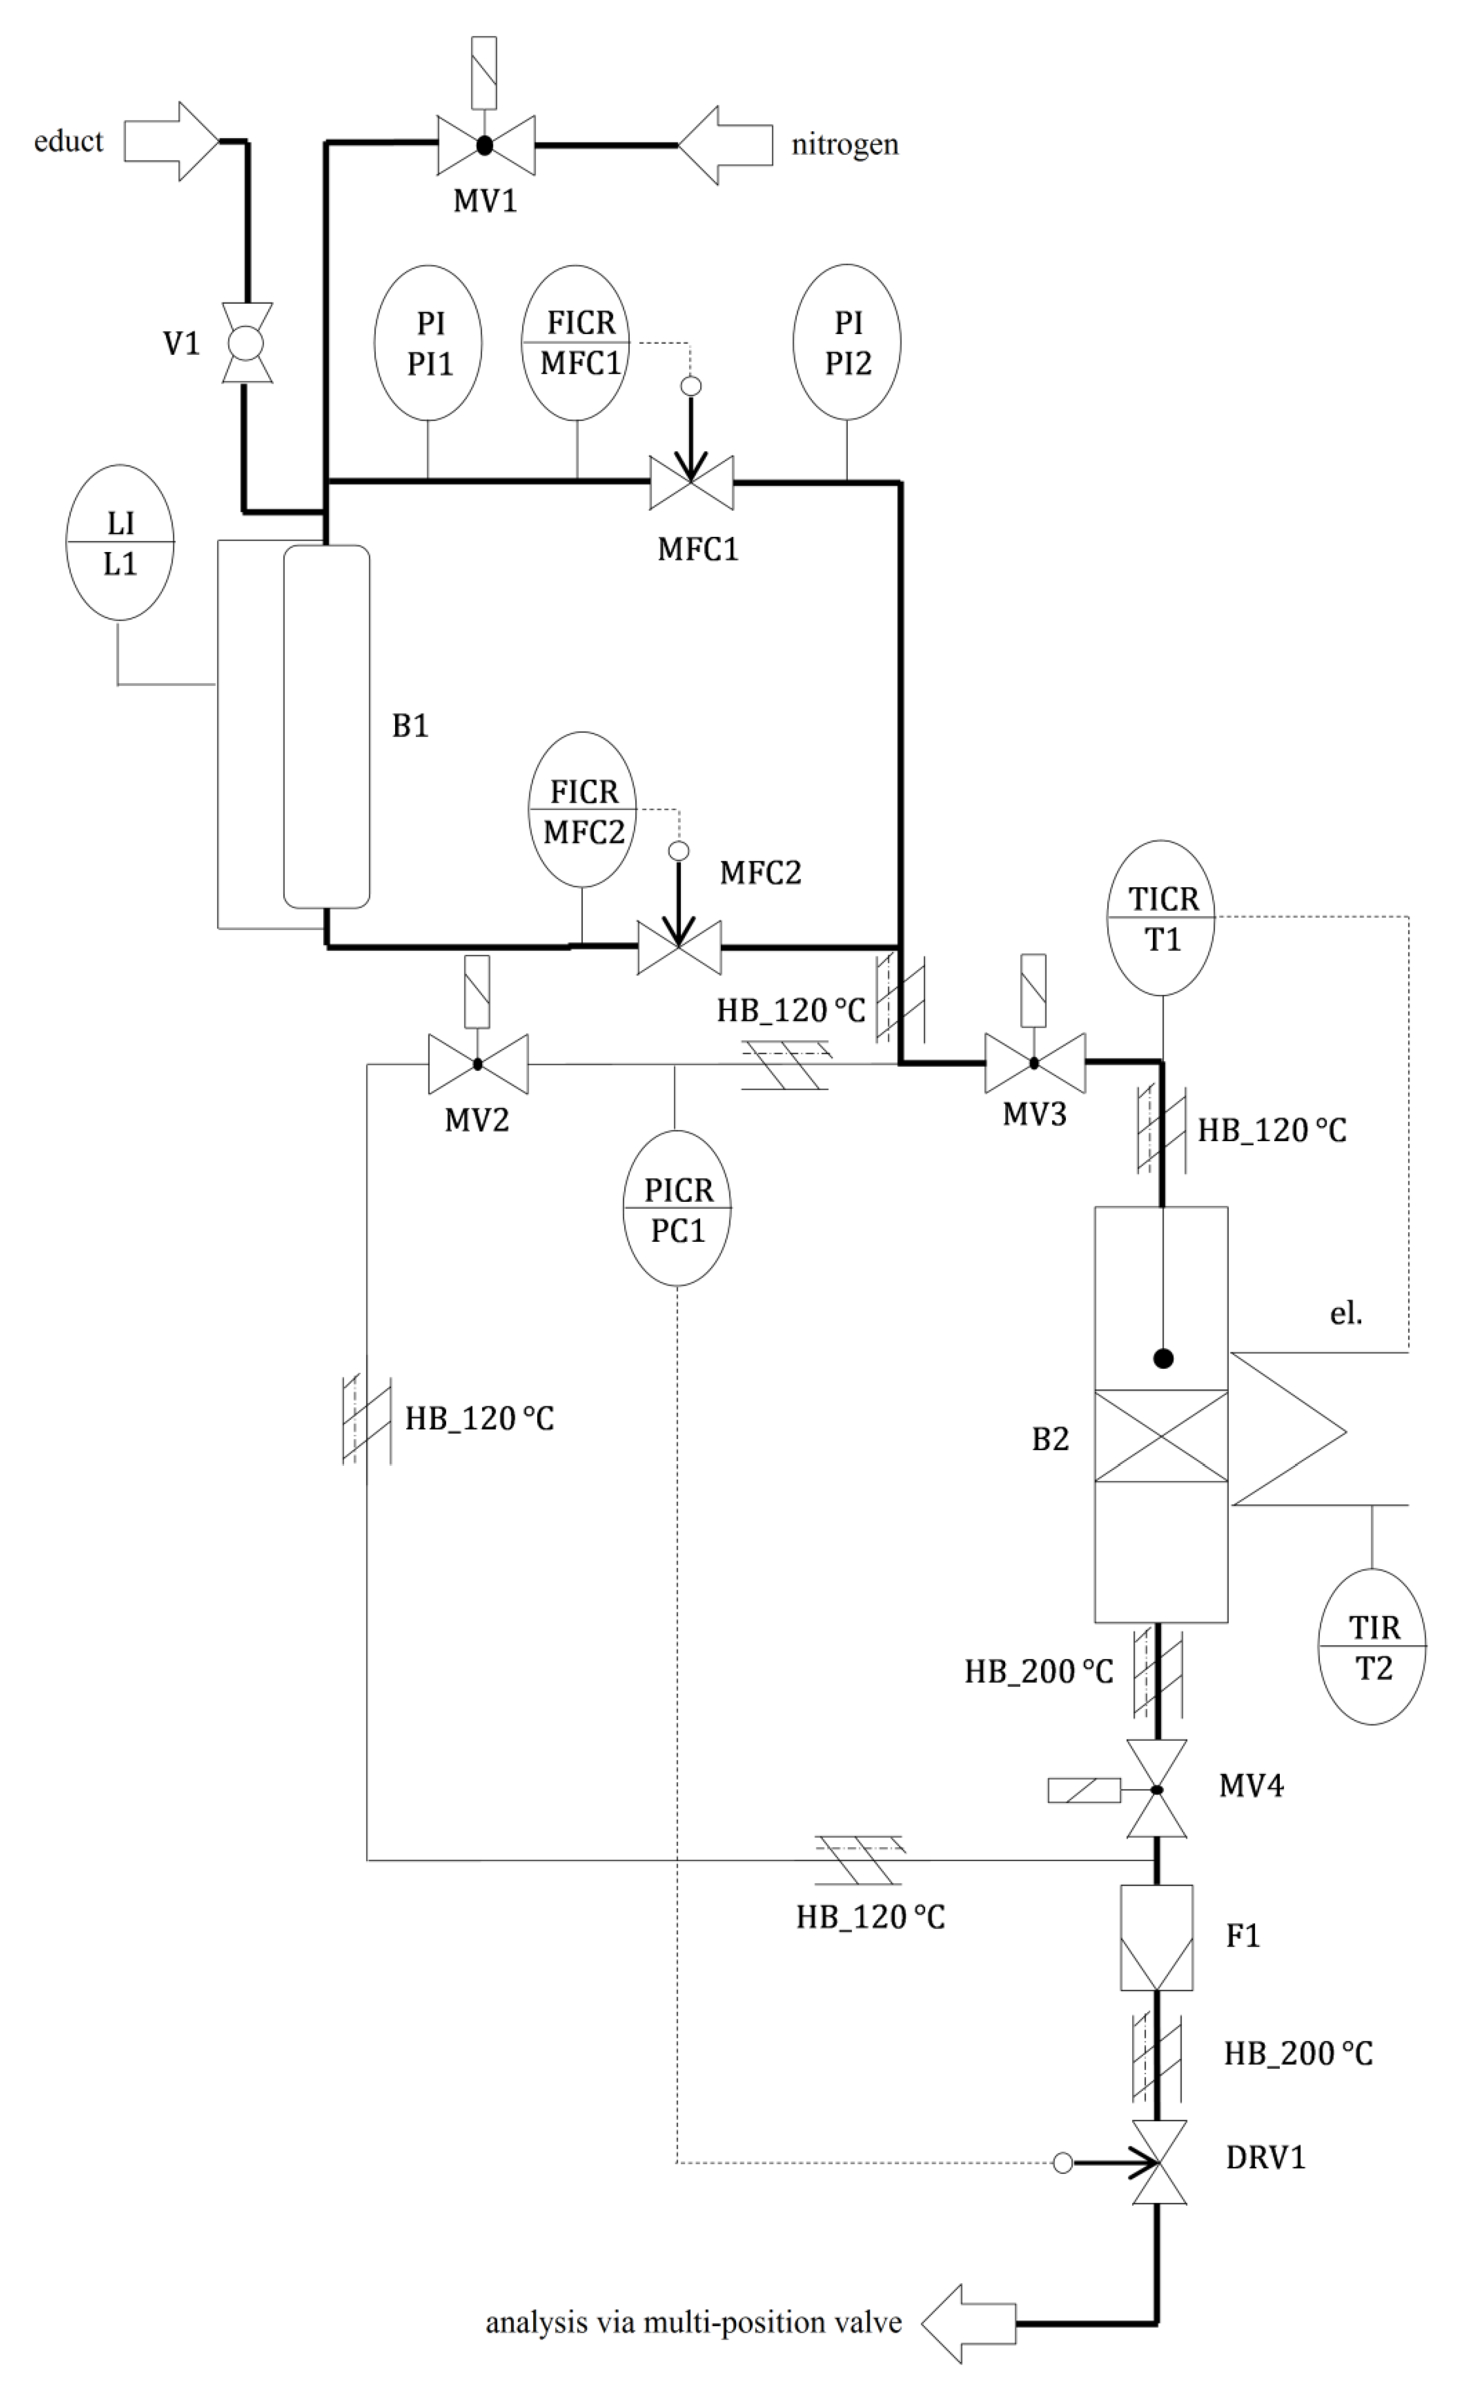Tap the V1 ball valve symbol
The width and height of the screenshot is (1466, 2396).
pyautogui.click(x=246, y=342)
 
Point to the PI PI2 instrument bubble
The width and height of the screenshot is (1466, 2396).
pyautogui.click(x=847, y=342)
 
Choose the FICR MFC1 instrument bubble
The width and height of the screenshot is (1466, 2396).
pyautogui.click(x=577, y=342)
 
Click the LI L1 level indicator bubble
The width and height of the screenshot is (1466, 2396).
pyautogui.click(x=119, y=542)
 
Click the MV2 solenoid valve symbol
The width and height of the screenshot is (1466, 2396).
pyautogui.click(x=478, y=1064)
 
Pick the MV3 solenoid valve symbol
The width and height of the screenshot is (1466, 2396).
pyautogui.click(x=1034, y=1063)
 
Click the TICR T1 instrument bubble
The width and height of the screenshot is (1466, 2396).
pyautogui.click(x=1161, y=918)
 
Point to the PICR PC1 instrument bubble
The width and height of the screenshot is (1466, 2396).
pyautogui.click(x=677, y=1209)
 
